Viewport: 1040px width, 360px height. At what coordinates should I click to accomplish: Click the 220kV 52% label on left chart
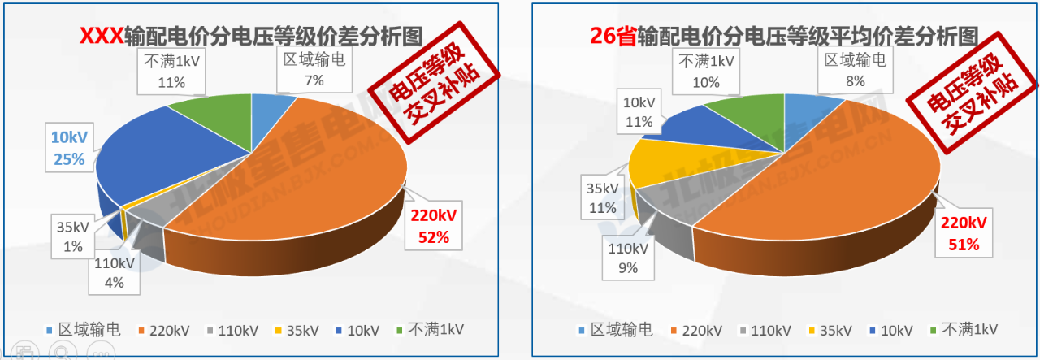[434, 228]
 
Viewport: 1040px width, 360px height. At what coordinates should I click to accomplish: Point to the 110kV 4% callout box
[114, 273]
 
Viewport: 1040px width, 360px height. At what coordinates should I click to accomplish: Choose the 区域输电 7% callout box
[314, 70]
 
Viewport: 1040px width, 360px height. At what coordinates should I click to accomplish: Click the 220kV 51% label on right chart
[964, 233]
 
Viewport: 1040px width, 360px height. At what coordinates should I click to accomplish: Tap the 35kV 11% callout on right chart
[603, 197]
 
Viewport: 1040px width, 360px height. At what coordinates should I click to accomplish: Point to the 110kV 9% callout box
[630, 256]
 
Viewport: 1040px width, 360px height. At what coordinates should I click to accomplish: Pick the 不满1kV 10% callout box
[705, 72]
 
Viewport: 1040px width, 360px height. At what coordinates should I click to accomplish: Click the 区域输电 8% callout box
[855, 70]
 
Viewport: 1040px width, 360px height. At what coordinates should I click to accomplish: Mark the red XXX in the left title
[101, 36]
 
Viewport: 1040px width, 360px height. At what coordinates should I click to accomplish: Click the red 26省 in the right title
[613, 36]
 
